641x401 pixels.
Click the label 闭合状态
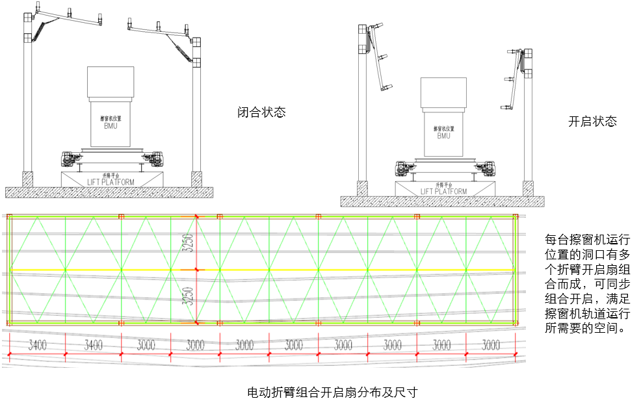click(x=261, y=112)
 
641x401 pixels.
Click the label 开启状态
click(x=592, y=121)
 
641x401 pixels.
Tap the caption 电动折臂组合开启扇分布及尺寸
click(x=332, y=393)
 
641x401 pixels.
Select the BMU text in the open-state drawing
click(x=443, y=136)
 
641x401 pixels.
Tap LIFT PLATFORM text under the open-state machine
click(x=443, y=191)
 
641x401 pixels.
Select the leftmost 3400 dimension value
click(x=37, y=345)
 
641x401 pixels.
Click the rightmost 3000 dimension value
click(x=491, y=344)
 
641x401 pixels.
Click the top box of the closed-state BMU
click(x=111, y=82)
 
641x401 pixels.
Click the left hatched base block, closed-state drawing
click(x=27, y=178)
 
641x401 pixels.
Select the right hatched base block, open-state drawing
click(x=528, y=188)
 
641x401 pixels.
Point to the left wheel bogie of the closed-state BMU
click(x=68, y=158)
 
